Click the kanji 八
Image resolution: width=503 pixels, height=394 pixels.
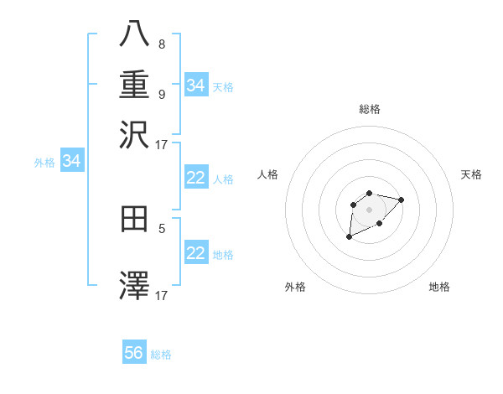tap(134, 35)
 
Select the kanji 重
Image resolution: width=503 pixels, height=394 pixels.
tap(134, 85)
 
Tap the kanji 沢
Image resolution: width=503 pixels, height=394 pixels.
tap(134, 135)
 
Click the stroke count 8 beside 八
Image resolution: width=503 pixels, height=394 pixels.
tap(161, 44)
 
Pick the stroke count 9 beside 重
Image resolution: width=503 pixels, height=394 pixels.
tap(161, 94)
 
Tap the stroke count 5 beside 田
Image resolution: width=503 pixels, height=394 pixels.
tap(161, 227)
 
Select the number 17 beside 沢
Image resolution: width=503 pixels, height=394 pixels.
tap(162, 144)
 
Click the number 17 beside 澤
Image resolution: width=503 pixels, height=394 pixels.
tap(162, 295)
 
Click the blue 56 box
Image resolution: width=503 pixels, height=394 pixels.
tap(134, 353)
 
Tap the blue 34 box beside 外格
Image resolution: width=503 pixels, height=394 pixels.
tap(71, 161)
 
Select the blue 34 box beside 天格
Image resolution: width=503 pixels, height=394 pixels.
tap(196, 85)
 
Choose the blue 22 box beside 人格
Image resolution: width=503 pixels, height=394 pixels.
tap(196, 178)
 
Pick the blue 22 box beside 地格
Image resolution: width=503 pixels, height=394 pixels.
tap(196, 252)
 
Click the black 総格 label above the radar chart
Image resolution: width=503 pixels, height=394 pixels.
tap(370, 109)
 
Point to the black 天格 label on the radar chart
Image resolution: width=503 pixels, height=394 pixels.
tap(471, 174)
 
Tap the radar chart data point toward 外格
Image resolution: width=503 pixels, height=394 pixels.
tap(350, 237)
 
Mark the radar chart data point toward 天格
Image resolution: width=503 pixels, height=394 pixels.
tap(401, 200)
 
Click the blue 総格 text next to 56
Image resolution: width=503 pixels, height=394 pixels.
tap(161, 355)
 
